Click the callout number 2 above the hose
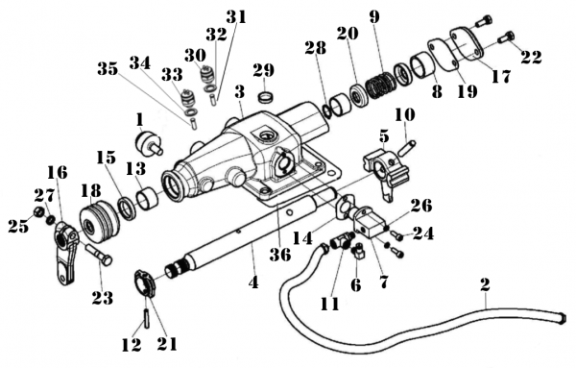485,284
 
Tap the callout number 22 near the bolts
531,57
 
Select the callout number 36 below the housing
280,254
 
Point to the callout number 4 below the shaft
253,282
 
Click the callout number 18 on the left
91,190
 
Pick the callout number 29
263,70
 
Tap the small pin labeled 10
406,148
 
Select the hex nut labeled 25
38,211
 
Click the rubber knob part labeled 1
149,143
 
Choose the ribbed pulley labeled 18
100,222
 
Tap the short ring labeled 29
267,99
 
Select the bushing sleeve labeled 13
147,198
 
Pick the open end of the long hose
561,318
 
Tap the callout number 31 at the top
236,16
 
